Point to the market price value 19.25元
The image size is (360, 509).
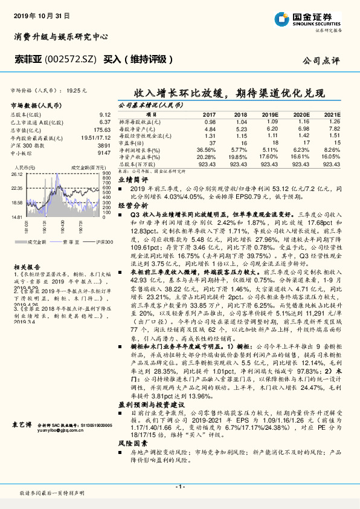pyautogui.click(x=77, y=89)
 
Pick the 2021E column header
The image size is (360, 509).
pyautogui.click(x=332, y=114)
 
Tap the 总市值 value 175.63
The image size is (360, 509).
pyautogui.click(x=101, y=129)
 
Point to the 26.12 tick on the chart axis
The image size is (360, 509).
pyautogui.click(x=16, y=174)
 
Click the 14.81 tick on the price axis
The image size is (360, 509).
pyautogui.click(x=16, y=216)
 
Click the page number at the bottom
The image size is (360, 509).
pyautogui.click(x=179, y=486)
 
